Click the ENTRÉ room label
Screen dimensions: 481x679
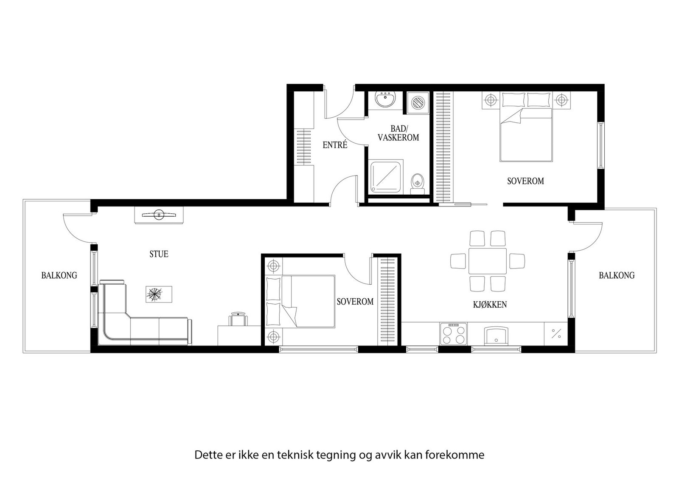[x=335, y=145]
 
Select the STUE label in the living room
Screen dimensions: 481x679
[x=159, y=254]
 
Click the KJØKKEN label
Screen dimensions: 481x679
[x=490, y=304]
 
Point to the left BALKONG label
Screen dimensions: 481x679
[x=59, y=275]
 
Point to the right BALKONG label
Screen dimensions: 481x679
[x=617, y=275]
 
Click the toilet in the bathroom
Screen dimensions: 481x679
[x=418, y=182]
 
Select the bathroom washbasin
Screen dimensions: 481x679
[x=385, y=100]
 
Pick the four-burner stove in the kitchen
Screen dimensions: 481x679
[x=453, y=334]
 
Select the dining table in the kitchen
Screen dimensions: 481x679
[x=487, y=261]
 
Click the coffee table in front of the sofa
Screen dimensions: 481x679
[x=159, y=294]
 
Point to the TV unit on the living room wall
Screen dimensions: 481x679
[x=159, y=215]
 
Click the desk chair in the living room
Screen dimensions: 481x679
[x=238, y=319]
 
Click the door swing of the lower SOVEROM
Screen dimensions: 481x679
[x=356, y=270]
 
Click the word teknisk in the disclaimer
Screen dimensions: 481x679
[x=295, y=455]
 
